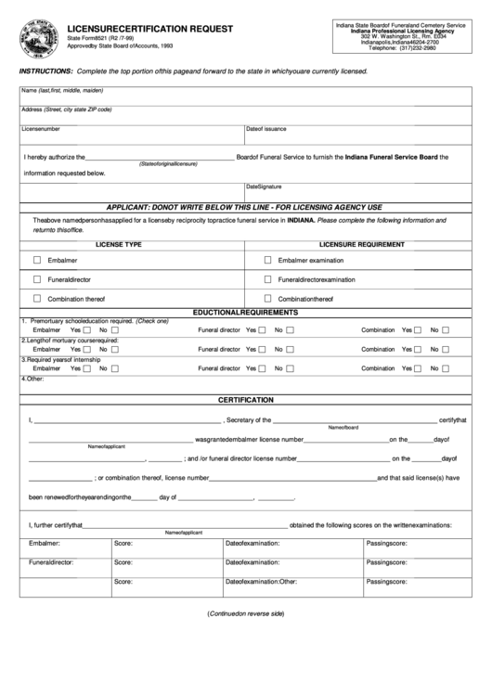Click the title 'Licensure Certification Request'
coord(150,29)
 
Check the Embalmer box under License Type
coord(37,260)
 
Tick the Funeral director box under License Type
coord(37,278)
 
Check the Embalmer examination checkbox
coord(267,260)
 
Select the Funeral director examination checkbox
coord(267,278)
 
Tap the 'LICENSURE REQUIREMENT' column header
coord(362,244)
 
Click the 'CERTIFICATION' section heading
coord(245,399)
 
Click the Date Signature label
coord(264,187)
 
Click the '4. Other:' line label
coord(33,379)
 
